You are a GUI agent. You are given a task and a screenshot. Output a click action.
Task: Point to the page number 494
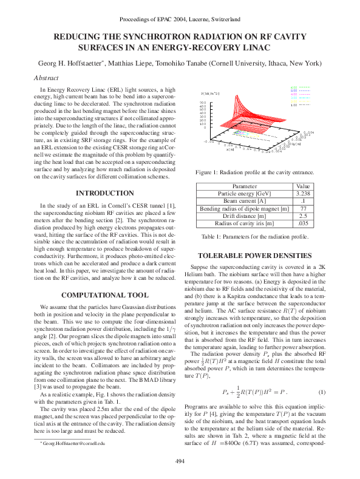tap(180, 461)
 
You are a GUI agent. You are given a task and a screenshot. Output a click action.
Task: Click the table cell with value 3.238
tap(302, 192)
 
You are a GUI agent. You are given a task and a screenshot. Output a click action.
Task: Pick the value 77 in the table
tap(302, 208)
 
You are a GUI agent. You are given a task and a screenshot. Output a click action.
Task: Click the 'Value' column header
tap(302, 185)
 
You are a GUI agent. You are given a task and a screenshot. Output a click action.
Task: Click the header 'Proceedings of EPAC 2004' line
tap(180, 19)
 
